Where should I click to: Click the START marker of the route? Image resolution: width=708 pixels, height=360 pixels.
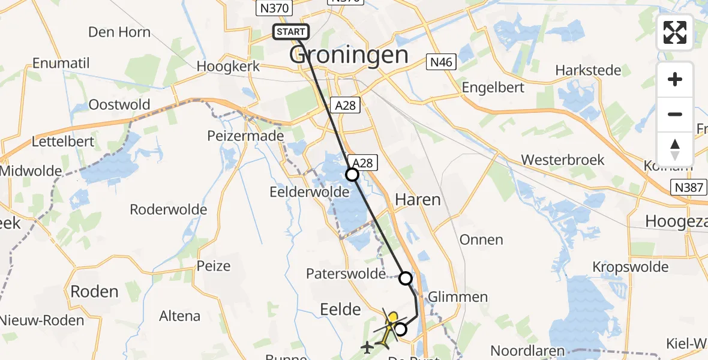[291, 32]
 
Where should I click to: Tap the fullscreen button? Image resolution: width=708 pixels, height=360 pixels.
[675, 32]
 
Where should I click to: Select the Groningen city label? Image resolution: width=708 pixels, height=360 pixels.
[349, 55]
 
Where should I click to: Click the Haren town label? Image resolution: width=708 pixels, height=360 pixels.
[418, 199]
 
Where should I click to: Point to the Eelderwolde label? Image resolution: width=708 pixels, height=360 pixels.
[310, 192]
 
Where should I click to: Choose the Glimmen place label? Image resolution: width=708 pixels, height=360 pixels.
[457, 297]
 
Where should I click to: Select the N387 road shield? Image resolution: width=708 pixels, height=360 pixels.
[688, 187]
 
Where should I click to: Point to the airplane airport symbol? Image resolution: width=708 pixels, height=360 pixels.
[367, 347]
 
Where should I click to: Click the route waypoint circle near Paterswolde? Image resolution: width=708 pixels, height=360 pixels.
[406, 278]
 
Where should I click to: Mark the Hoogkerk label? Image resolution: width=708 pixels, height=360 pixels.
[228, 66]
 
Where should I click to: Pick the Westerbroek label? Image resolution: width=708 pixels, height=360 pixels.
[563, 160]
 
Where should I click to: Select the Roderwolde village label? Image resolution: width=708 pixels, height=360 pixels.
[169, 209]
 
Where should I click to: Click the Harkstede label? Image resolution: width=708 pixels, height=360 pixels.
[588, 70]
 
